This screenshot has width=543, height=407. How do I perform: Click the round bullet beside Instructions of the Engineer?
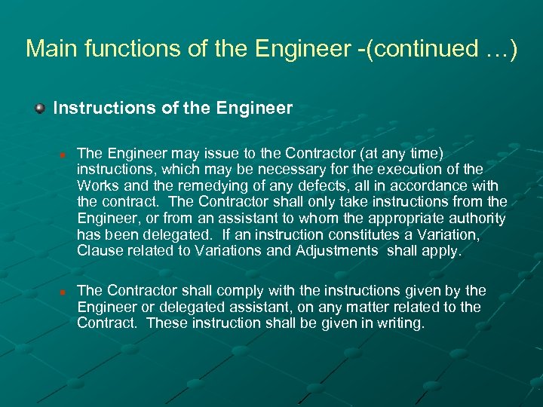point(40,109)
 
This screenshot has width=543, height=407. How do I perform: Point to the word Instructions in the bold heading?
point(104,109)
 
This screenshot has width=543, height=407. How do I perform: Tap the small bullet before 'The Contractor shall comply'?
point(65,292)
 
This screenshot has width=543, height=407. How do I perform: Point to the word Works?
point(94,185)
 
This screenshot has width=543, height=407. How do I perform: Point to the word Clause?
point(97,251)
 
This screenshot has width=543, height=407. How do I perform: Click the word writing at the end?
point(403,323)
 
